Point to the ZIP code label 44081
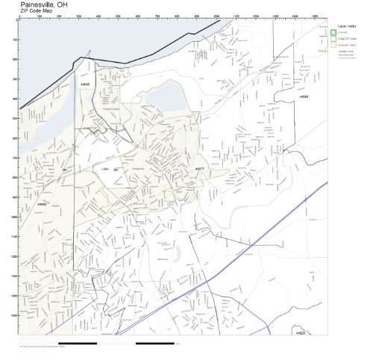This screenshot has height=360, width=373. pos(304,97)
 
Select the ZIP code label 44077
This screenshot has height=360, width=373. pos(198,170)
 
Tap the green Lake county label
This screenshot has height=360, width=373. pos(104,170)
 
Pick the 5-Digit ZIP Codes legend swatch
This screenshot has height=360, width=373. pos(333,40)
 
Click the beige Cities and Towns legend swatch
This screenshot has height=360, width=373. pos(333,46)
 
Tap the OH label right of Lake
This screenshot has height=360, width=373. pos(116,170)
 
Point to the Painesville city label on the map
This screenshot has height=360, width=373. pos(138,170)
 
